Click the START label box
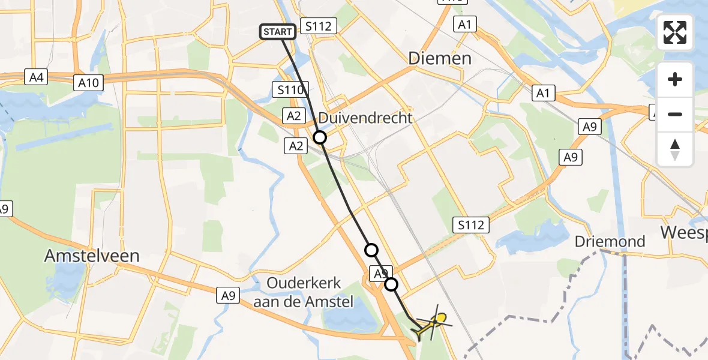click(x=278, y=31)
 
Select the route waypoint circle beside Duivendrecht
click(x=320, y=137)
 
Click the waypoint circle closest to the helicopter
click(x=391, y=284)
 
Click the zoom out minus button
click(x=675, y=114)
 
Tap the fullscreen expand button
click(x=675, y=32)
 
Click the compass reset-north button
click(x=675, y=149)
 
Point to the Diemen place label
click(x=439, y=58)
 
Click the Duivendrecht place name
click(x=365, y=118)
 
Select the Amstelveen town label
click(x=92, y=256)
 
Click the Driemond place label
click(x=610, y=242)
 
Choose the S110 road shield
click(x=289, y=90)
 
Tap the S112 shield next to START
click(x=320, y=26)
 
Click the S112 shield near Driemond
click(x=471, y=225)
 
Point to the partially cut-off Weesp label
click(x=684, y=232)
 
